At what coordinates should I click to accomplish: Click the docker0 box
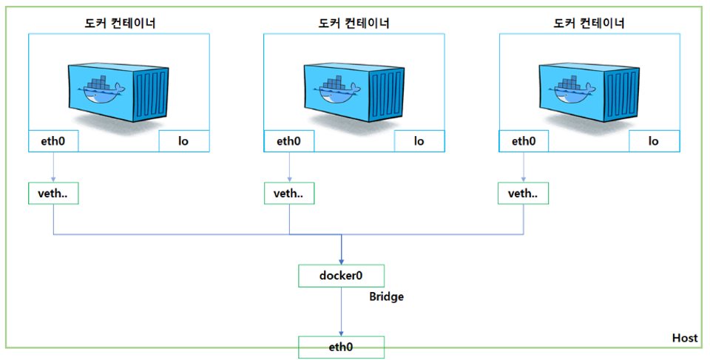coord(341,276)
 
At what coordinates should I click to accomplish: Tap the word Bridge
coord(387,296)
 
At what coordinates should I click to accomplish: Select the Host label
coord(684,338)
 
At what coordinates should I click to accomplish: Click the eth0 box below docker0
coord(341,347)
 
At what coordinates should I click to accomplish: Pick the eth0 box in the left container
coord(53,141)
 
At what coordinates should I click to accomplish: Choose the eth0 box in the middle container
coord(288,141)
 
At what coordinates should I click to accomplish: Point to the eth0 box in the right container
coord(524,141)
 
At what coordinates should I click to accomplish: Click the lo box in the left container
coord(184,141)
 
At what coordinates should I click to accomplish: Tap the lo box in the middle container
coord(419,141)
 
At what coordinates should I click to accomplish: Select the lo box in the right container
coord(654,141)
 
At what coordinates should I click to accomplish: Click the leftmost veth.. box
coord(53,194)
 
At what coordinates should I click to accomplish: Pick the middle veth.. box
coord(288,194)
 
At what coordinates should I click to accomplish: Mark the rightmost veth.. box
coord(524,194)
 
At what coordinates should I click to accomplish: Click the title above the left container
coord(119,23)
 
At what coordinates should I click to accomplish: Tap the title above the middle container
coord(354,23)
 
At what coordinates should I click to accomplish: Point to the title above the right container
coord(589,23)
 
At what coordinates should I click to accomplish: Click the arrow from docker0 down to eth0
coord(341,311)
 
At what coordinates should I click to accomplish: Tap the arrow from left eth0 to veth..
coord(53,167)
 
